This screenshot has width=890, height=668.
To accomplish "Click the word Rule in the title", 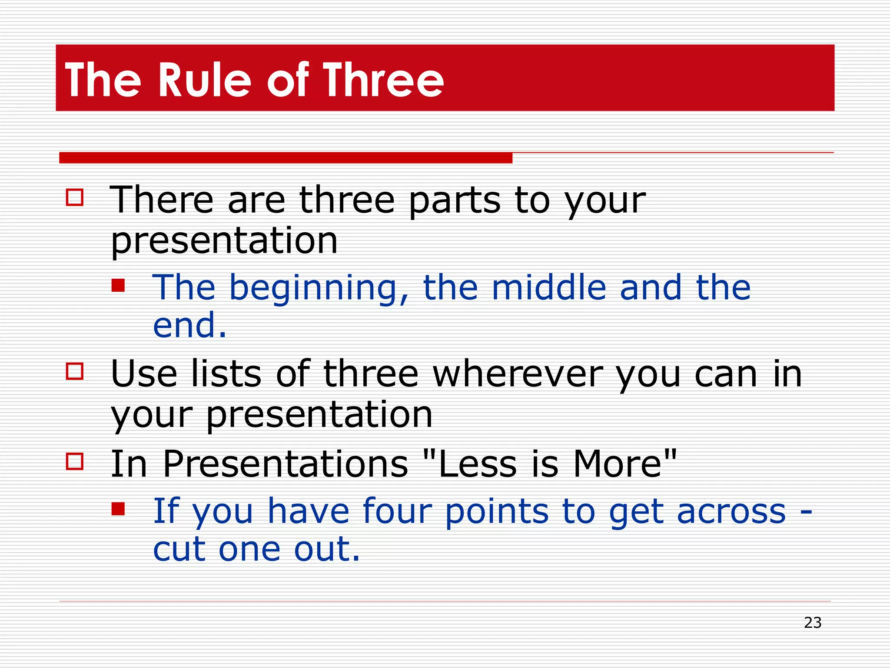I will click(x=204, y=80).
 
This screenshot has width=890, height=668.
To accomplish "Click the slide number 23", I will click(x=812, y=623).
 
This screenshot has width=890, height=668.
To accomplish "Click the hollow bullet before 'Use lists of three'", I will click(x=74, y=371).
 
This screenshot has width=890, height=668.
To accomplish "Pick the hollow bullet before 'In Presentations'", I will click(x=74, y=461).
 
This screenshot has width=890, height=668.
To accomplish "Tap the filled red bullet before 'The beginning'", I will click(x=118, y=285).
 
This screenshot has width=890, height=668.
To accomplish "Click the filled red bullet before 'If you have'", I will click(x=118, y=509).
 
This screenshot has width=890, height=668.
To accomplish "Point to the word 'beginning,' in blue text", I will click(x=319, y=288).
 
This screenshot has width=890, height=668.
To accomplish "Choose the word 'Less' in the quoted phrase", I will click(x=477, y=464).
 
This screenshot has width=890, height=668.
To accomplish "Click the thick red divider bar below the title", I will click(x=286, y=158).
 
